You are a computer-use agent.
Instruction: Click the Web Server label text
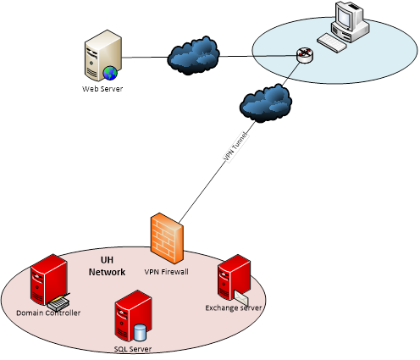102,89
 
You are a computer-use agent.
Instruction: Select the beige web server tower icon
103,55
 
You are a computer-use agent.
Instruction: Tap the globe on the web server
110,73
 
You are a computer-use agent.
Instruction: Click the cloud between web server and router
194,56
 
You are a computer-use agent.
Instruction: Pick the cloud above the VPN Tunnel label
266,103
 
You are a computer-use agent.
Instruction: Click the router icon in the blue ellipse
305,55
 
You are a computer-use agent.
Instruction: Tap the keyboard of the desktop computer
332,43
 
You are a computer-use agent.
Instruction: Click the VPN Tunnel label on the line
236,147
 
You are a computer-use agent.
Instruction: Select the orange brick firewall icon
167,239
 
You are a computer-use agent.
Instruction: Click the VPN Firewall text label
167,272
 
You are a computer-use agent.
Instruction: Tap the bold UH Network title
107,266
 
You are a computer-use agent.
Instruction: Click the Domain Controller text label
48,313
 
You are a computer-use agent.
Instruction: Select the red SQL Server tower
133,316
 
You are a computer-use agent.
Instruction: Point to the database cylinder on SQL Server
140,333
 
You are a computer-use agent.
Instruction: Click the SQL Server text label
133,349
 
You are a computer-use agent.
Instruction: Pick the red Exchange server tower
234,277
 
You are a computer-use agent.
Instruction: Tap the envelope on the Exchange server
241,298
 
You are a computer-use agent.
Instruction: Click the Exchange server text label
234,307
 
